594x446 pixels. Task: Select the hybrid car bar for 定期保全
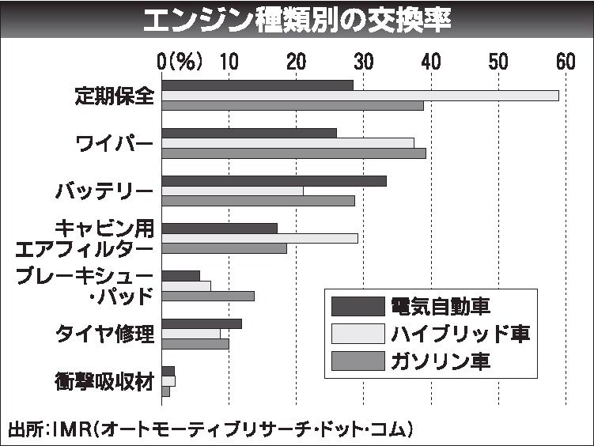click(360, 96)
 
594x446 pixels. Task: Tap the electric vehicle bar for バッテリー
click(274, 180)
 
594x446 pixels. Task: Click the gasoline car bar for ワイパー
click(293, 153)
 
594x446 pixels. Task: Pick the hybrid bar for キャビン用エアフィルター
click(259, 238)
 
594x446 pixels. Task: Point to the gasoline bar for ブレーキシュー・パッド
click(208, 296)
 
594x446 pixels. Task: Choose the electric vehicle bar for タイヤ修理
click(202, 323)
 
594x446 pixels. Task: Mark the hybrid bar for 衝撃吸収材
click(168, 381)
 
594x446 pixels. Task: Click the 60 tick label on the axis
click(566, 61)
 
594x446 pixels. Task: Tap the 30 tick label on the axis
click(364, 61)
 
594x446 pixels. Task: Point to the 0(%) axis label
click(180, 61)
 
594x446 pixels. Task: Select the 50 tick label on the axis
click(498, 61)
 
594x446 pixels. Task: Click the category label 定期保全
click(113, 96)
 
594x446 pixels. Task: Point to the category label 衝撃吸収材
click(104, 381)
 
